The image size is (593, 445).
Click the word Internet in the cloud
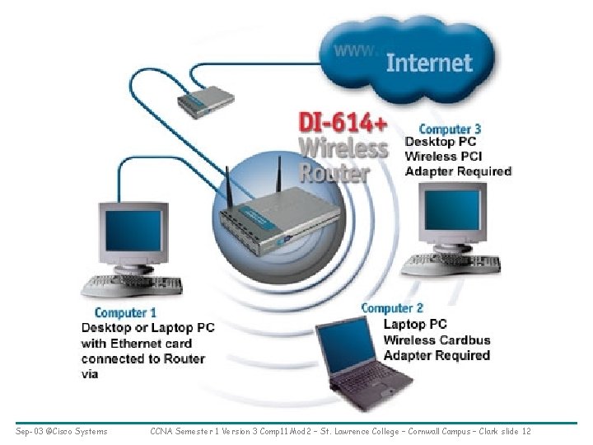point(429,63)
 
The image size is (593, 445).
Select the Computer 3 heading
point(450,129)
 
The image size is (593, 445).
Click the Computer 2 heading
point(392,308)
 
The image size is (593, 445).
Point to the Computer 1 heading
point(125,312)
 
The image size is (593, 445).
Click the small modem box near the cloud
point(205,101)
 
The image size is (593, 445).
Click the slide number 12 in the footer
point(526,431)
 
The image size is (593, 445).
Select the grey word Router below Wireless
point(334,174)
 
